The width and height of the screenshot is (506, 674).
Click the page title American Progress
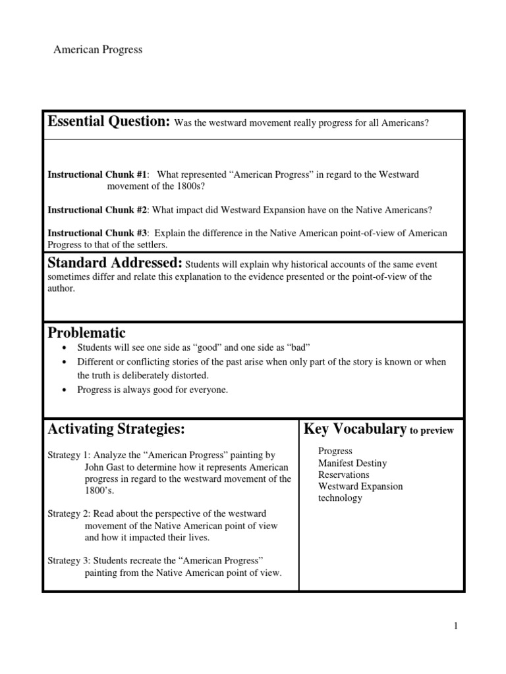[98, 50]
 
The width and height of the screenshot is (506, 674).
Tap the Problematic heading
[86, 333]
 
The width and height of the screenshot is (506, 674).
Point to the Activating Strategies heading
[116, 430]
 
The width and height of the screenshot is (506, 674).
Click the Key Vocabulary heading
[354, 430]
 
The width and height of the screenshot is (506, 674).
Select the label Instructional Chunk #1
[98, 174]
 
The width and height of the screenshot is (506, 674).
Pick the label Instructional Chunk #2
[98, 210]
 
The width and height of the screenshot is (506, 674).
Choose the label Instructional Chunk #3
[98, 234]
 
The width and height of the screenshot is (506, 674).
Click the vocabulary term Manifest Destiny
[352, 463]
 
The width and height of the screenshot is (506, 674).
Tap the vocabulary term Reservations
[343, 475]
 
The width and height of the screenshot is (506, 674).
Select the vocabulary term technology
[340, 498]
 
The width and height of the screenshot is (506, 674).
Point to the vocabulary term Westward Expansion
[360, 486]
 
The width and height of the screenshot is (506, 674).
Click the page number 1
[455, 626]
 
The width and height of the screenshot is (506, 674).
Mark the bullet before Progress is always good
[63, 390]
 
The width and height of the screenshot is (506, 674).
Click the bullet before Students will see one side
[63, 348]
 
